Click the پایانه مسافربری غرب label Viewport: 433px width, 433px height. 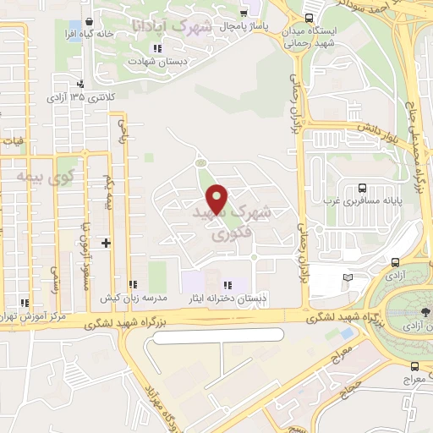[x=362, y=202]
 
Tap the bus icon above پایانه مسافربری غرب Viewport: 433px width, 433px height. [x=362, y=188]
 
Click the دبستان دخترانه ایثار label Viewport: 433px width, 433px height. [x=226, y=298]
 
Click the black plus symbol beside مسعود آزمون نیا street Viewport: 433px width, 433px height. [x=106, y=243]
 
